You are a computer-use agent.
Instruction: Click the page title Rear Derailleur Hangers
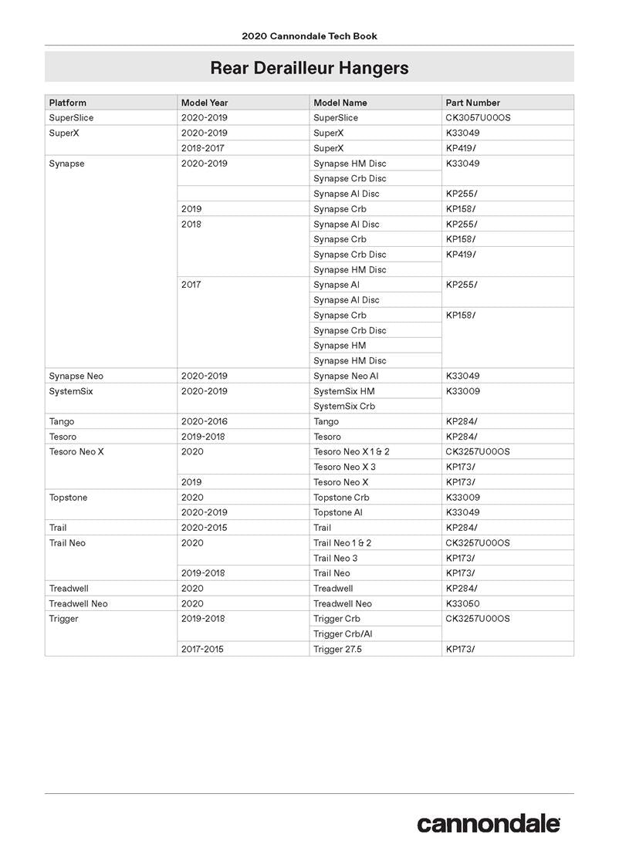[309, 68]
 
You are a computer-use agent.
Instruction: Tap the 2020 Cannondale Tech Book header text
[309, 36]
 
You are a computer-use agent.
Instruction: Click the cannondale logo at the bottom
[489, 823]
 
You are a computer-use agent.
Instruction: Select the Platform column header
[68, 103]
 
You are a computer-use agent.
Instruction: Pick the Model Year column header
[205, 103]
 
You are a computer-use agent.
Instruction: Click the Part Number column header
[473, 103]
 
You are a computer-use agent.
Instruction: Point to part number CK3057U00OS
[479, 118]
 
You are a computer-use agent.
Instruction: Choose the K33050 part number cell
[463, 603]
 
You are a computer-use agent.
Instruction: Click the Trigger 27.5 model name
[337, 650]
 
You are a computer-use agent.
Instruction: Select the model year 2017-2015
[202, 650]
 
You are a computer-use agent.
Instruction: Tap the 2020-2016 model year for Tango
[205, 421]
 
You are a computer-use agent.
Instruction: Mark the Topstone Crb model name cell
[341, 498]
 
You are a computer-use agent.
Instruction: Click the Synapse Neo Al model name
[346, 376]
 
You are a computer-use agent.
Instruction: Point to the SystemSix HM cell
[344, 391]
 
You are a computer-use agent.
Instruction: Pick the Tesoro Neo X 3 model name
[345, 467]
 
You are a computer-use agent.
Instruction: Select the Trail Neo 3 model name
[336, 558]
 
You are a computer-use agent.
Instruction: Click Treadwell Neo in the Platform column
[79, 603]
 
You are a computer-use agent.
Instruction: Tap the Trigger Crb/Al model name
[343, 634]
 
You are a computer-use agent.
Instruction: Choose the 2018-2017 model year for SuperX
[203, 148]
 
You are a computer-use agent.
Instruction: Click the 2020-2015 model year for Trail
[205, 528]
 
